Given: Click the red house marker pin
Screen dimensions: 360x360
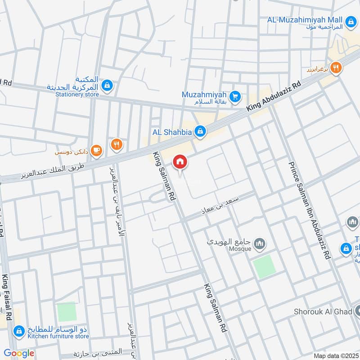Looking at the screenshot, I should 180,162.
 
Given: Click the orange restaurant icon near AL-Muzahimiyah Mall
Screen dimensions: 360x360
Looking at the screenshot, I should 336,68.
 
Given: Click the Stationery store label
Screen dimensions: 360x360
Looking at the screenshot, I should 77,94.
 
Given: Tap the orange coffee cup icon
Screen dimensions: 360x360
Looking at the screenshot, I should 96,151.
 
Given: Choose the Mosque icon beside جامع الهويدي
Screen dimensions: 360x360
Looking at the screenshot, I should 259,245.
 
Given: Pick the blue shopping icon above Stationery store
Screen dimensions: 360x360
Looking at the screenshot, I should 107,85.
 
